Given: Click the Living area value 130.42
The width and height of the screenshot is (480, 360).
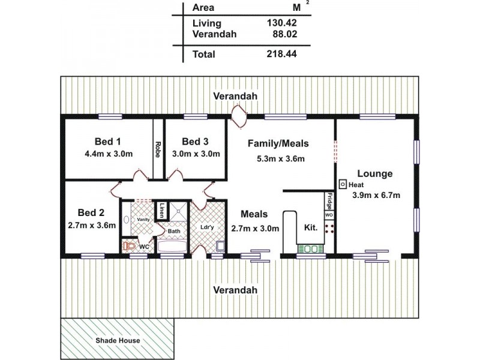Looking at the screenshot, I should click(281, 23).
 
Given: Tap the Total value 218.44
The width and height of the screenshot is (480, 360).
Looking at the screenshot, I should click(281, 54).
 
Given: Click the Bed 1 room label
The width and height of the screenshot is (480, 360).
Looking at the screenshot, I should click(108, 142).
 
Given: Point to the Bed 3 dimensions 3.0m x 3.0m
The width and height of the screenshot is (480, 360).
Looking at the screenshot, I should click(196, 154).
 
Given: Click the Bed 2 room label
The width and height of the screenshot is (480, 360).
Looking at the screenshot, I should click(91, 212).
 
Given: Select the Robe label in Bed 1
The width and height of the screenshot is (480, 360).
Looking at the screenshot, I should click(158, 149).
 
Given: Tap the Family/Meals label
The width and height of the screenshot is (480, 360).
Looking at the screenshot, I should click(278, 143).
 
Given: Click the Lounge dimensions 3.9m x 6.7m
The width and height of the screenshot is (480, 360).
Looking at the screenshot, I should click(375, 194).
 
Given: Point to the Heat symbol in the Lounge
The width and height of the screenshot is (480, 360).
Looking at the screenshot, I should click(343, 184).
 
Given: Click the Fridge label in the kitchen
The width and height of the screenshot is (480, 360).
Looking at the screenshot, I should click(329, 199).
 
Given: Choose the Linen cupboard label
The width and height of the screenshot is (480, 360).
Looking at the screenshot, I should click(163, 211).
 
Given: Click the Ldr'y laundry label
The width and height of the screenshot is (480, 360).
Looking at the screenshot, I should click(207, 228).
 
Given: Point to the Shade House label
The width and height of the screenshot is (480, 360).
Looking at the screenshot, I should click(118, 340).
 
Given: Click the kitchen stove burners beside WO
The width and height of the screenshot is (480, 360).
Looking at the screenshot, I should click(329, 227).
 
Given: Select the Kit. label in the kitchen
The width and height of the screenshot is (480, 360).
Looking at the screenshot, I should click(311, 228).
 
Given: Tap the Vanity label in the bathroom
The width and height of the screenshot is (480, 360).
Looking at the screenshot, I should click(143, 220).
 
